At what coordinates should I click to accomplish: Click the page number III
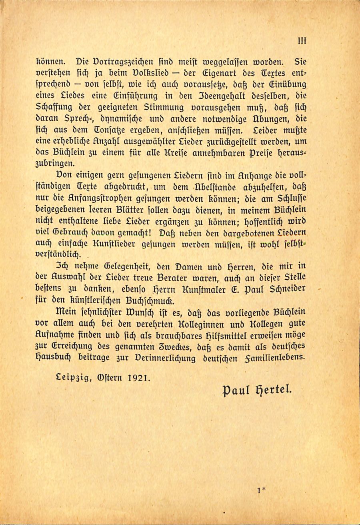(x=302, y=40)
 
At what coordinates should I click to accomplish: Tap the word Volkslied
(x=130, y=74)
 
